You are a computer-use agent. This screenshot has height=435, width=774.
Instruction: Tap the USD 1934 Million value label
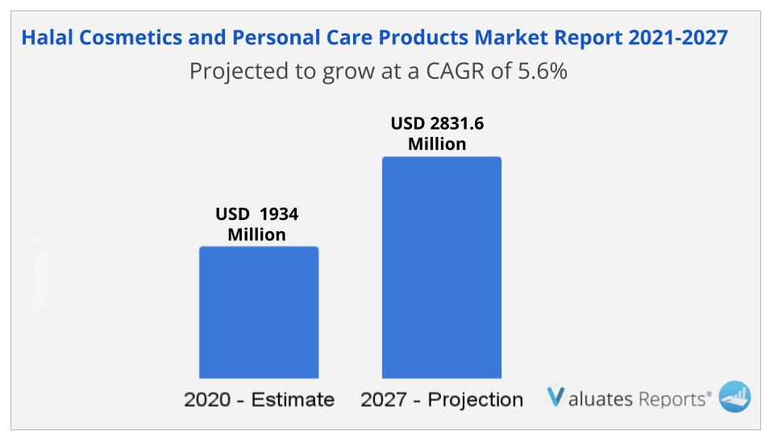(256, 225)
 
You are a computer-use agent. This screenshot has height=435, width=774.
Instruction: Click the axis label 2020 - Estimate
(259, 400)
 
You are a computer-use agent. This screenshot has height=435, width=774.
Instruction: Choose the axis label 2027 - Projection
(441, 400)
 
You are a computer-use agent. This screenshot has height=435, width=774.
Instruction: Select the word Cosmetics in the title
(128, 38)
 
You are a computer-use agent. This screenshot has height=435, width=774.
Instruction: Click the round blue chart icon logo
(734, 396)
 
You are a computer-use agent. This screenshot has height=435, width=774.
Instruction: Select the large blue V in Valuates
(556, 397)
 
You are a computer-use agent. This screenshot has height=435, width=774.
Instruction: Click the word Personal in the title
(266, 38)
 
